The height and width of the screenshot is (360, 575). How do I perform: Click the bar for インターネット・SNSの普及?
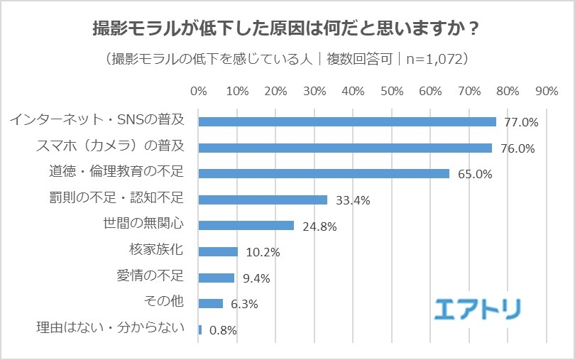347,121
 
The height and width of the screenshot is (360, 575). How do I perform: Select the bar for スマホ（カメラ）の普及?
345,148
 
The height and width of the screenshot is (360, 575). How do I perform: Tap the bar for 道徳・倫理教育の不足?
324,173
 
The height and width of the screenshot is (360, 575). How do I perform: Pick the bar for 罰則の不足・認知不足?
263,200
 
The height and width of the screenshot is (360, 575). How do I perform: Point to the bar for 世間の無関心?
246,226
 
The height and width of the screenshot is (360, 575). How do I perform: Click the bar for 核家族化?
218,251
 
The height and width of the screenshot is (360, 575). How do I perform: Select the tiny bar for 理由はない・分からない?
200,329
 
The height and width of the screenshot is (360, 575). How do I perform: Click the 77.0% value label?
521,122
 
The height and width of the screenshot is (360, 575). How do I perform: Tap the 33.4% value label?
353,200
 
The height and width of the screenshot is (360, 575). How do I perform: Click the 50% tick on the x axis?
392,92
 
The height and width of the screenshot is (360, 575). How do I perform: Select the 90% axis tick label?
547,92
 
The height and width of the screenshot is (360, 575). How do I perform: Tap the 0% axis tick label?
199,92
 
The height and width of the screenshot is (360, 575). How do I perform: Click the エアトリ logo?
477,307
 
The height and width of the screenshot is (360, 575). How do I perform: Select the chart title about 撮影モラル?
287,30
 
